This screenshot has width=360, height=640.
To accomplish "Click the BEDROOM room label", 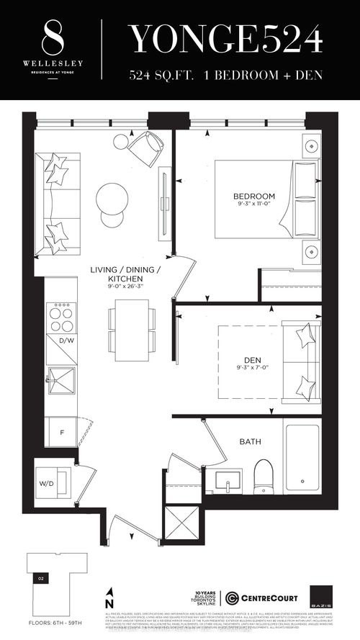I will coord(253,197).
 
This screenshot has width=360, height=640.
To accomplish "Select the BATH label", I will coord(250,442).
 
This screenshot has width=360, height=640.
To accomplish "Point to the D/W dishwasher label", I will coord(67,340).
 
